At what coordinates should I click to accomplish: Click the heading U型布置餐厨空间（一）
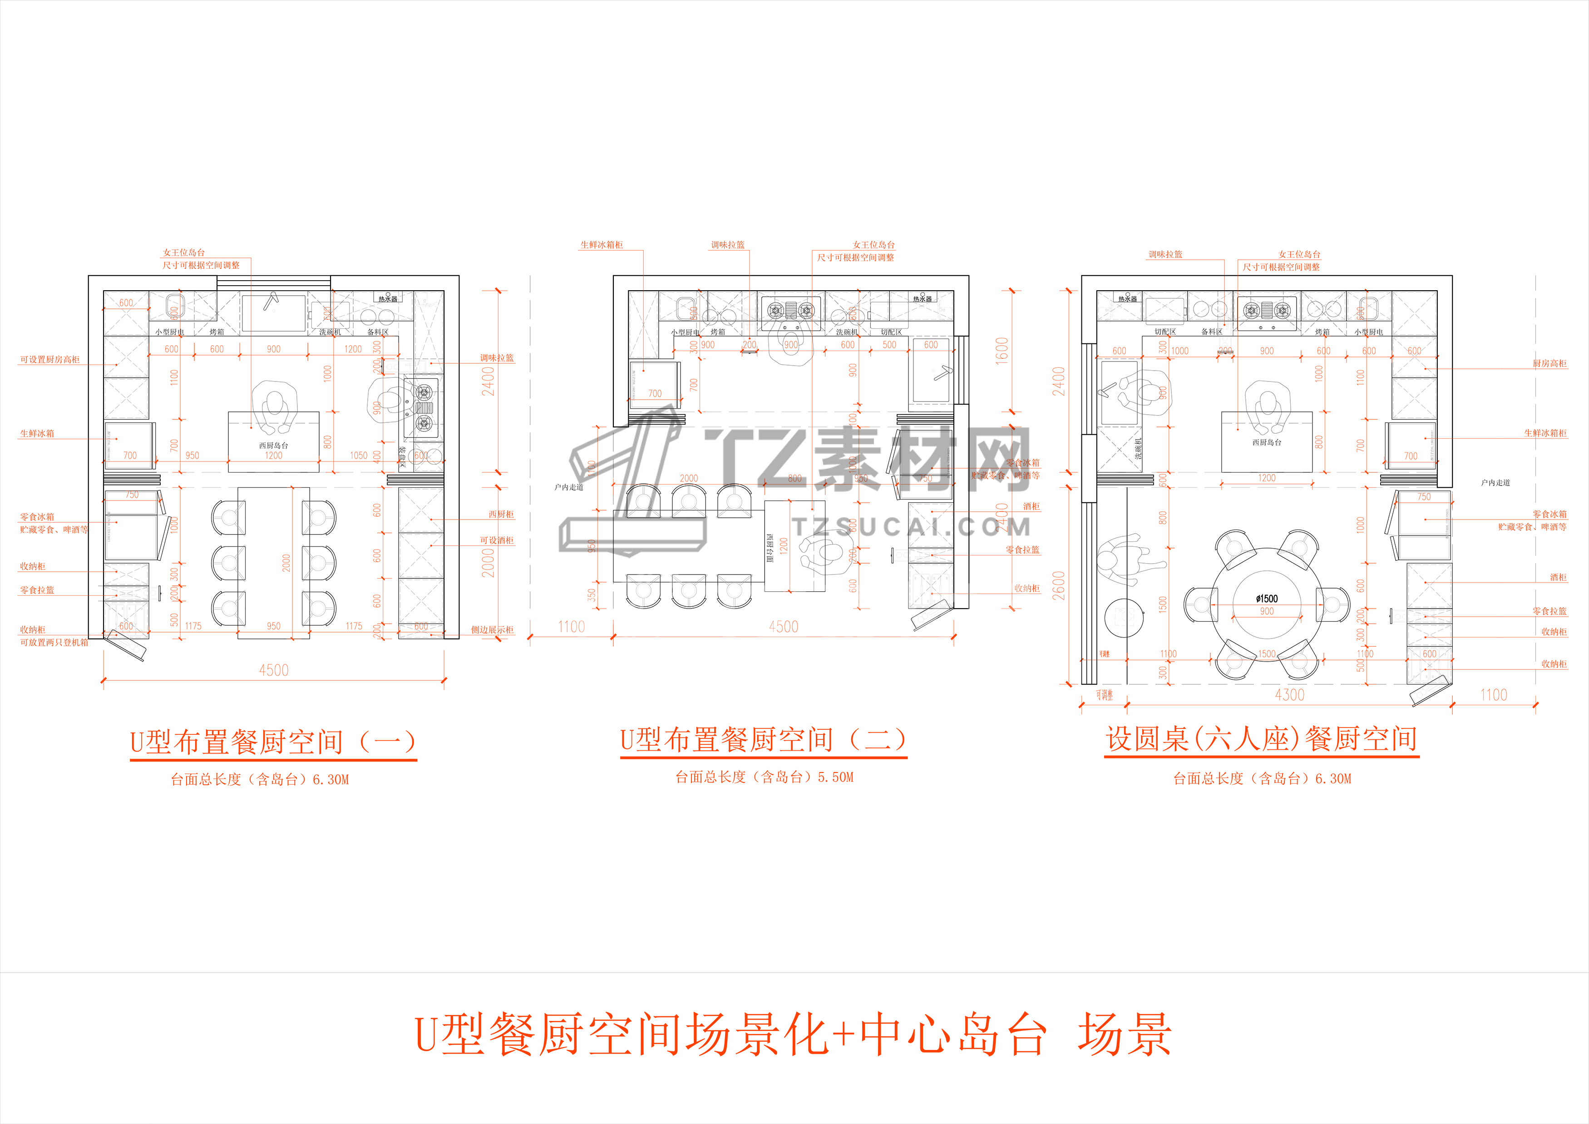(x=273, y=742)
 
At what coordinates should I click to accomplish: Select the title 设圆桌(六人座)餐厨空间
(x=1261, y=739)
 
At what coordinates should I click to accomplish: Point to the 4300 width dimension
(x=1289, y=695)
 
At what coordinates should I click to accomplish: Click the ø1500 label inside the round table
(x=1267, y=599)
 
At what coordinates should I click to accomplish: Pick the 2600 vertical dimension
(x=1059, y=585)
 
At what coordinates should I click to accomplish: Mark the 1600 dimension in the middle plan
(x=1002, y=351)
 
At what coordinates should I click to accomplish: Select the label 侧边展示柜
(x=492, y=630)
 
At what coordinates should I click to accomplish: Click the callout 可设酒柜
(x=497, y=540)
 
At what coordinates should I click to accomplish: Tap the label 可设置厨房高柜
(x=50, y=360)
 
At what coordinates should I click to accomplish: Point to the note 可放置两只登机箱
(x=54, y=642)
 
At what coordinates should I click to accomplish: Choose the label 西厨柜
(x=501, y=514)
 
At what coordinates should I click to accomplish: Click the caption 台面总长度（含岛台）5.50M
(x=764, y=777)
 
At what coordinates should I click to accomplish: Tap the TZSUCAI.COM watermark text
(x=912, y=527)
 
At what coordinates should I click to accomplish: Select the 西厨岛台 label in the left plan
(x=273, y=446)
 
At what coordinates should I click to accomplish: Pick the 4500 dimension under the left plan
(x=273, y=670)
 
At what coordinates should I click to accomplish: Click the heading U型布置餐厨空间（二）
(x=763, y=740)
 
